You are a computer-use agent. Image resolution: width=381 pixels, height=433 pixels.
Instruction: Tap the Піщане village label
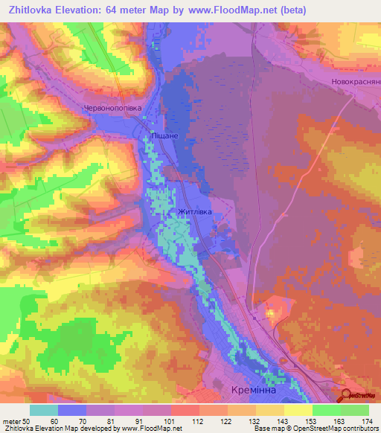(x=164, y=137)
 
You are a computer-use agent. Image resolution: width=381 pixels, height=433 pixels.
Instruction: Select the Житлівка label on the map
(x=195, y=211)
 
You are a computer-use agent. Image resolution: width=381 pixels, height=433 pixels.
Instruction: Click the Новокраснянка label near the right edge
(x=356, y=81)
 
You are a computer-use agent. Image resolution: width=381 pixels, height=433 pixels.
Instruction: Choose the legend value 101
(x=170, y=421)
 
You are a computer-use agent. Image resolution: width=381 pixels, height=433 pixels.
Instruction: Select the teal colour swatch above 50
(x=44, y=410)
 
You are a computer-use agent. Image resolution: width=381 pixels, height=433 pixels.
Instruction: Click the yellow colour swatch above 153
(x=298, y=410)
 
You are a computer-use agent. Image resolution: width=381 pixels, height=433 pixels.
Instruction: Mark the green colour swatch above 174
(x=355, y=410)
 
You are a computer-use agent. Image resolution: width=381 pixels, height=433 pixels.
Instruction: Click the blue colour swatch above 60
(x=72, y=410)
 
